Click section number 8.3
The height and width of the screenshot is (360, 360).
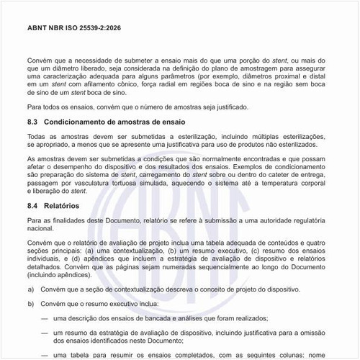32,122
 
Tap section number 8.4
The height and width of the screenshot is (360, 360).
32,205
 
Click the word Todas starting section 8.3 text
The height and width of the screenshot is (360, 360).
36,136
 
